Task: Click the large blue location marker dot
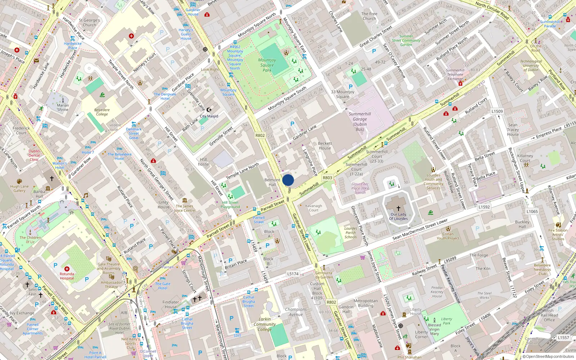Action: pos(288,180)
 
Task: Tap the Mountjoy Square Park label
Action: pos(267,65)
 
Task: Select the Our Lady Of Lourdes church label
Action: pos(399,216)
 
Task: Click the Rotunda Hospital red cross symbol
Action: pos(67,269)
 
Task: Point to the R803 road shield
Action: pos(327,177)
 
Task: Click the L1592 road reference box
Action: pos(484,207)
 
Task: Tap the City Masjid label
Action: pos(209,116)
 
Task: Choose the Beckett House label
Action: pos(325,146)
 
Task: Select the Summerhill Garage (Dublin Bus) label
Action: pos(360,122)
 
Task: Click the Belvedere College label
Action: pos(102,112)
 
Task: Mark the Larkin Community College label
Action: pos(265,324)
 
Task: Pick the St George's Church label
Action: pos(89,23)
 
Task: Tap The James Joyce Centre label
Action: pos(185,208)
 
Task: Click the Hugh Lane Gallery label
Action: pos(19,188)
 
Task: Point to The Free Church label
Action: pos(369,16)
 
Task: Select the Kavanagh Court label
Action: pos(314,208)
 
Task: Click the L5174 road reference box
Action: pos(293,274)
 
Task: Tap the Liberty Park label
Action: pos(446,321)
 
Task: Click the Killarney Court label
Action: pos(525,158)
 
